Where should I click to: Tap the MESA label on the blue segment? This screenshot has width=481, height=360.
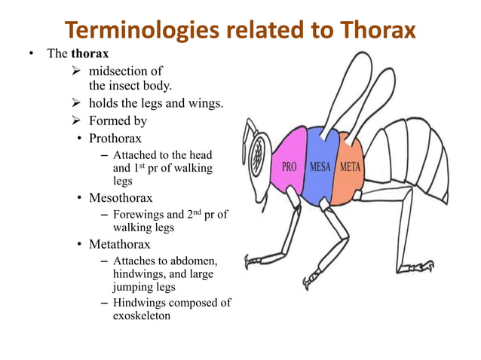click(320, 166)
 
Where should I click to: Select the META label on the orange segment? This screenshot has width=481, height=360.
click(350, 166)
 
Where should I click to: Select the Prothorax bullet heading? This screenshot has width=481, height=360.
click(115, 139)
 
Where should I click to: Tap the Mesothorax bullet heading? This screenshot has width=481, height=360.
click(121, 199)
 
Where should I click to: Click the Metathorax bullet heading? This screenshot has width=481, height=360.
click(120, 245)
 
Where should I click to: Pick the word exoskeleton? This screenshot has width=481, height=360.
click(142, 316)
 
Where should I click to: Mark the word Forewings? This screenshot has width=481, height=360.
click(139, 215)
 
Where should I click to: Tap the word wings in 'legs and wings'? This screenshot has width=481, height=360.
click(204, 103)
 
